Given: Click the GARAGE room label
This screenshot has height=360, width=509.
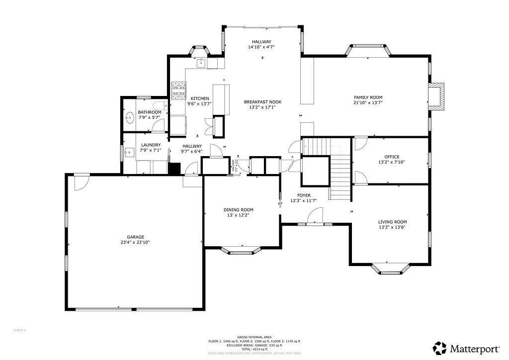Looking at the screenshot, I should pos(135,237).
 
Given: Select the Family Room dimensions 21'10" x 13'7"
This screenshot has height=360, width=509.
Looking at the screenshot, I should pos(368,103).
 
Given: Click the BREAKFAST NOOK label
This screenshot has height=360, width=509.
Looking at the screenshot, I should pos(259,101).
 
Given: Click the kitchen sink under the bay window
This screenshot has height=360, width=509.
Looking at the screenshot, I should pos(201,63).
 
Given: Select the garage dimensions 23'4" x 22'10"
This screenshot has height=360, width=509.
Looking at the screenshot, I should pos(135,243).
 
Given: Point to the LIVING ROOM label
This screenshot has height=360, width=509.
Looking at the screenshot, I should pos(392,222).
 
